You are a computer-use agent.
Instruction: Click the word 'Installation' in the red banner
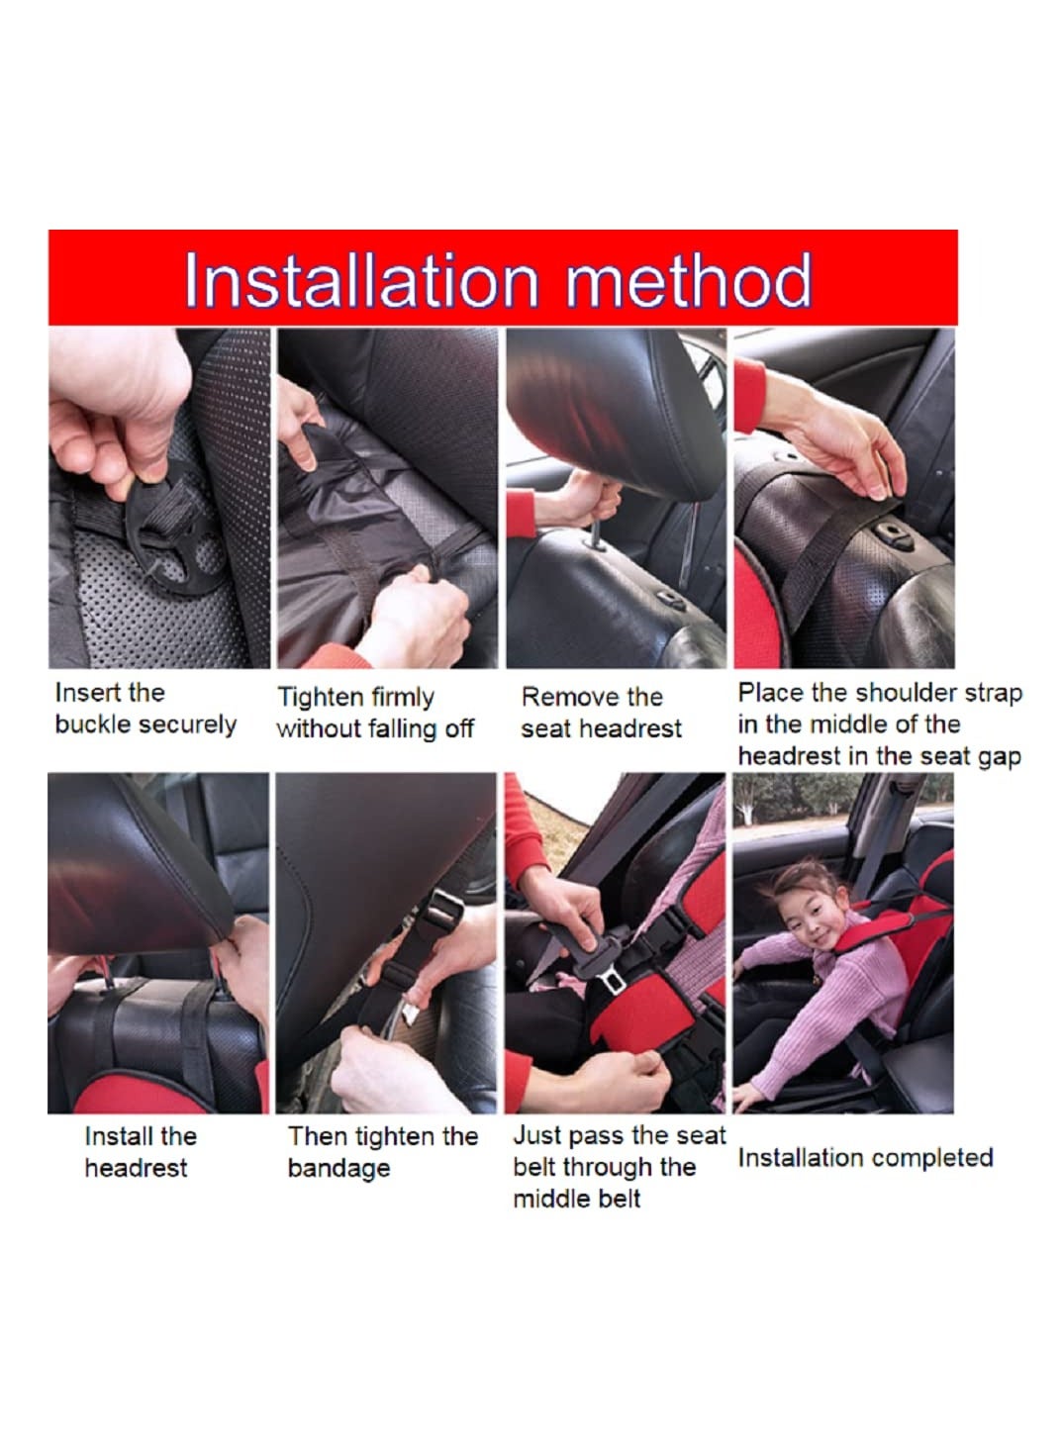(x=361, y=280)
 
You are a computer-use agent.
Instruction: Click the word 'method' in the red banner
(x=689, y=280)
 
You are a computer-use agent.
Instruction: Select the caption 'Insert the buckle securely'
(x=145, y=709)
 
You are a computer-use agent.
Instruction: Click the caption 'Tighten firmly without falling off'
(x=375, y=713)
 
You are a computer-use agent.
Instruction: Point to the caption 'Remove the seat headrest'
(x=601, y=713)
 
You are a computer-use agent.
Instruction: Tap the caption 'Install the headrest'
(x=141, y=1152)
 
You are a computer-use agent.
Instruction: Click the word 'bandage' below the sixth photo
(x=338, y=1168)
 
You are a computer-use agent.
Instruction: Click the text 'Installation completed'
(x=865, y=1157)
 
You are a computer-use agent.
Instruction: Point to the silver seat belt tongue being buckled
(x=611, y=979)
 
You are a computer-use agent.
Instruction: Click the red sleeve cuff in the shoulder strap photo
(x=749, y=395)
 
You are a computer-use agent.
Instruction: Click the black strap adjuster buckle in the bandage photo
(x=441, y=911)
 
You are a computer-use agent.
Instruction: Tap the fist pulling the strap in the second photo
(x=414, y=615)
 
